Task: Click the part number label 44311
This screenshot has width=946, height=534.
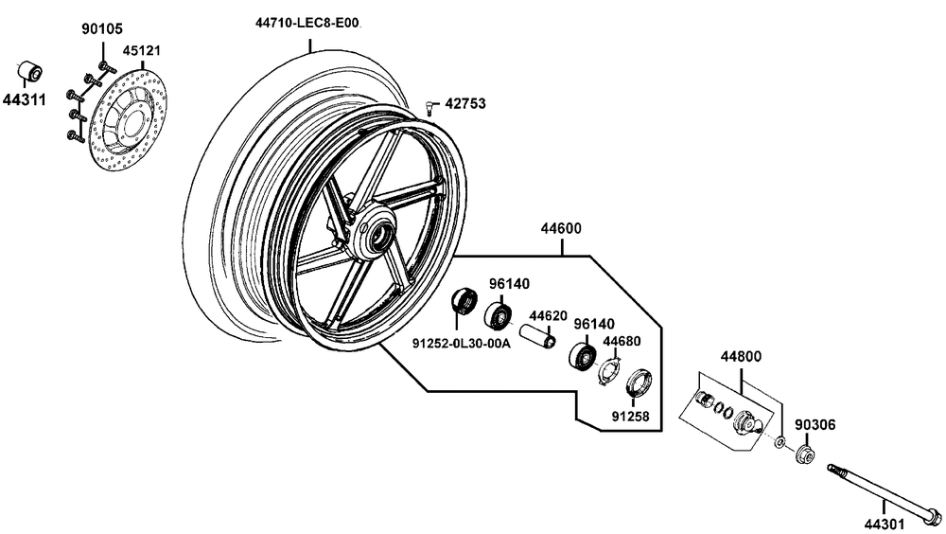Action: pyautogui.click(x=23, y=98)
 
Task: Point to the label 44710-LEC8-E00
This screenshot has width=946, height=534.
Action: pyautogui.click(x=307, y=22)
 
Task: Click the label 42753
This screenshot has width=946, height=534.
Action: pyautogui.click(x=465, y=102)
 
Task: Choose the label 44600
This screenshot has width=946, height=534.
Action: pyautogui.click(x=561, y=228)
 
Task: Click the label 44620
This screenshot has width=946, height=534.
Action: pyautogui.click(x=547, y=315)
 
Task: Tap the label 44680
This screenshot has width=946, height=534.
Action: pyautogui.click(x=622, y=340)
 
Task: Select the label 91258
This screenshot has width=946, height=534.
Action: pyautogui.click(x=630, y=415)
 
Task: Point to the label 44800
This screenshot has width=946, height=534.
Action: pyautogui.click(x=741, y=358)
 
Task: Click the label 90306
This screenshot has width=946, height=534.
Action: pyautogui.click(x=813, y=425)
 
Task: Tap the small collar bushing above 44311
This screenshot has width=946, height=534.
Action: pyautogui.click(x=32, y=71)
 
